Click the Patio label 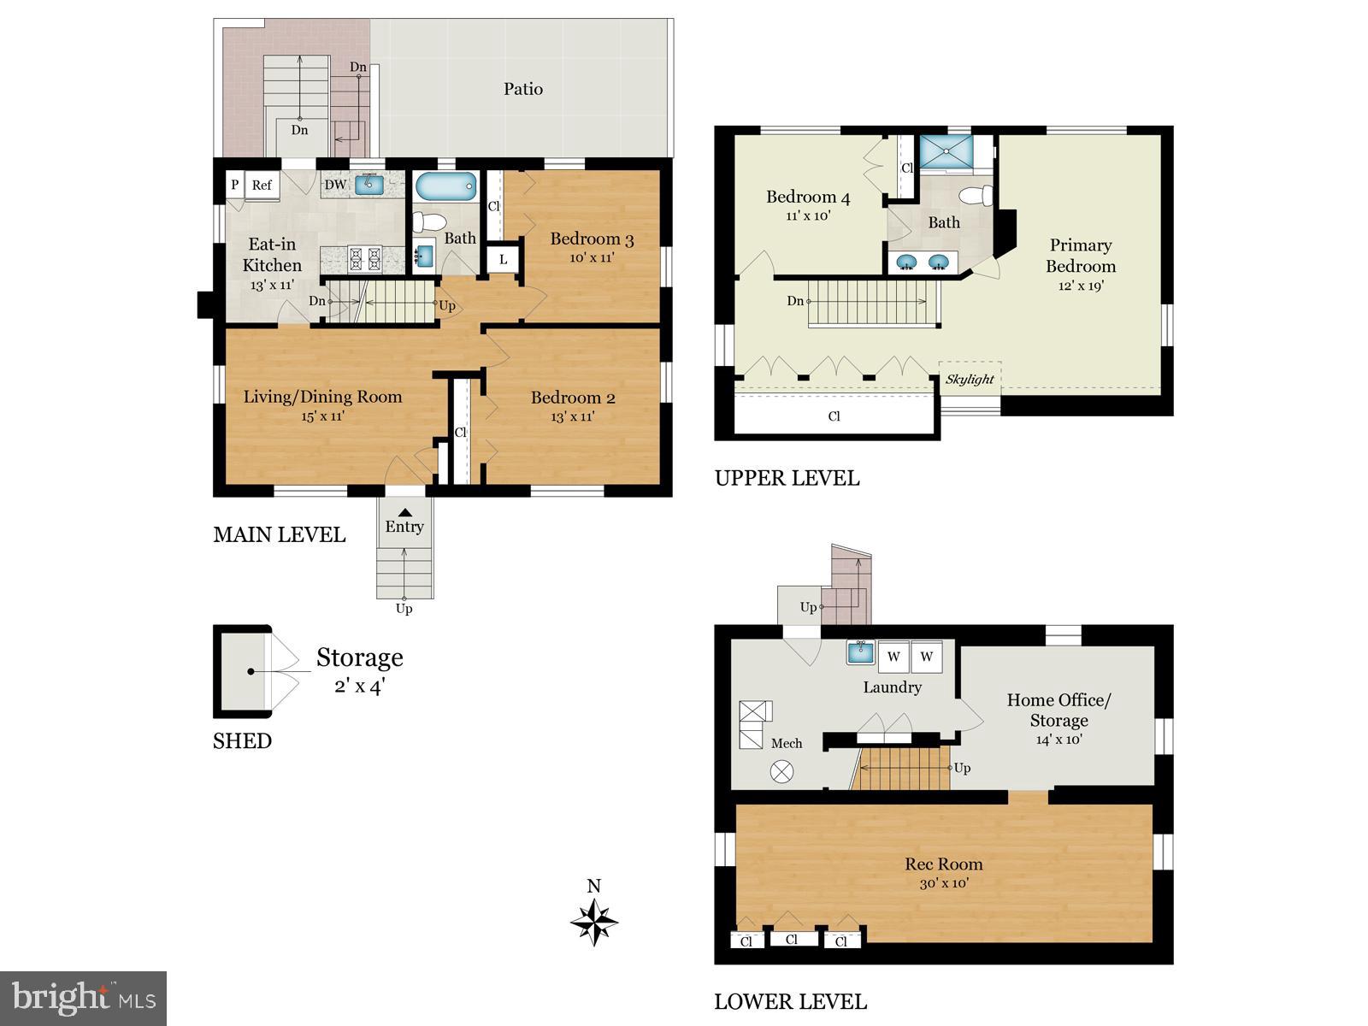point(522,89)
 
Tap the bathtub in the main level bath point(445,186)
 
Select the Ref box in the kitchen point(262,185)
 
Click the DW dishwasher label point(335,185)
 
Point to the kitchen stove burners point(364,259)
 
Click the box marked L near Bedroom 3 point(503,260)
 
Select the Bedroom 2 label point(572,398)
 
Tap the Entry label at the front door point(404,527)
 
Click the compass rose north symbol point(594,922)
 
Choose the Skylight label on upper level point(970,379)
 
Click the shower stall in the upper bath point(946,152)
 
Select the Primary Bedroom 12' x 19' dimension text point(1081,286)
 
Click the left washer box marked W point(893,657)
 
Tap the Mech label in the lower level point(787,743)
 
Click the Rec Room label point(944,864)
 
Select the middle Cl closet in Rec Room point(791,939)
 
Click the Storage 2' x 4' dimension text point(360,686)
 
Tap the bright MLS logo point(83,998)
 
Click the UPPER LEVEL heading point(787,478)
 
